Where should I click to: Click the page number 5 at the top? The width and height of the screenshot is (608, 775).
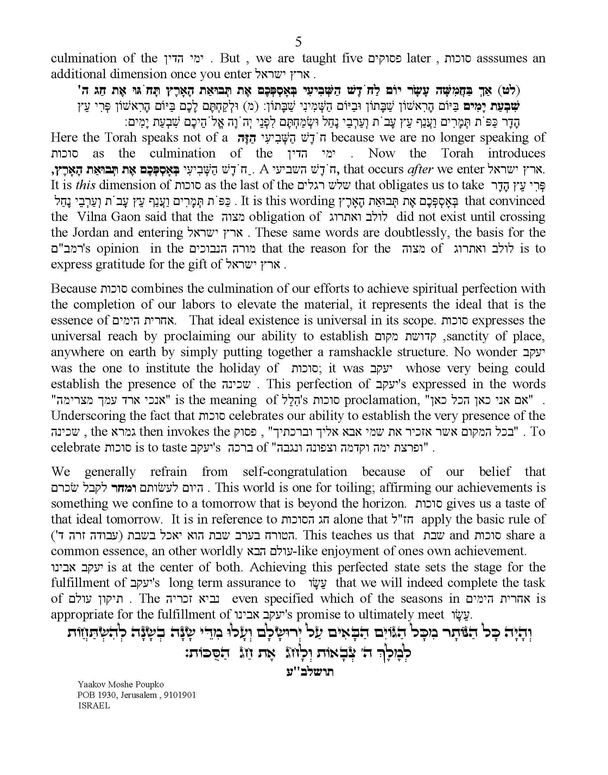pyautogui.click(x=298, y=42)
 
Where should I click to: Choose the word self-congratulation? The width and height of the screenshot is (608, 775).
pyautogui.click(x=295, y=472)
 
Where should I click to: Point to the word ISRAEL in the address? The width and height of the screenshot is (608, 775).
pyautogui.click(x=94, y=706)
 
